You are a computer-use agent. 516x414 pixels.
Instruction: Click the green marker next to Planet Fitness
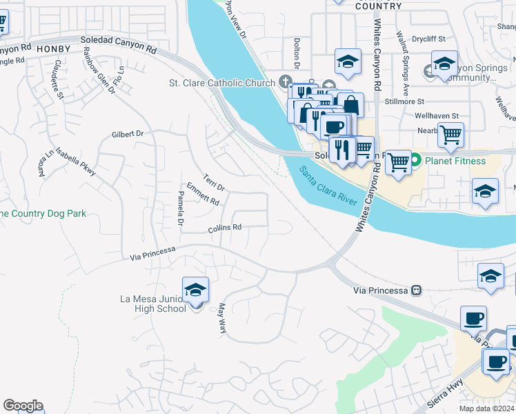coord(416,161)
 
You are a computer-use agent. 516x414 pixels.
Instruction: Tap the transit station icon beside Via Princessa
coord(416,290)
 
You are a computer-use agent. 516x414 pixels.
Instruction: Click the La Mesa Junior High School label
coord(152,304)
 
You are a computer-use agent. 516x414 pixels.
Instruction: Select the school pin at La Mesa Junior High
coord(196,290)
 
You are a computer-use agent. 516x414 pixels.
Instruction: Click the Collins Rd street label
coord(225,228)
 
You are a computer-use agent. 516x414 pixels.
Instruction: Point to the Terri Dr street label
coord(215,183)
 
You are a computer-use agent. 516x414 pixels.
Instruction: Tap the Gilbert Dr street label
coord(126,133)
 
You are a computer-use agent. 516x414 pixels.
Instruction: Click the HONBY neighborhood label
coord(53,49)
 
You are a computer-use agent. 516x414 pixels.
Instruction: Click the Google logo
coord(23,406)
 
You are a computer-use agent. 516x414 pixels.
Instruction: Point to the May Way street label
coord(222,319)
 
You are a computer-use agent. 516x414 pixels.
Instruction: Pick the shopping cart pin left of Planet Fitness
coord(398,163)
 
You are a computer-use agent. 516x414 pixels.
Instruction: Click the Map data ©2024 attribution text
coord(486,408)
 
